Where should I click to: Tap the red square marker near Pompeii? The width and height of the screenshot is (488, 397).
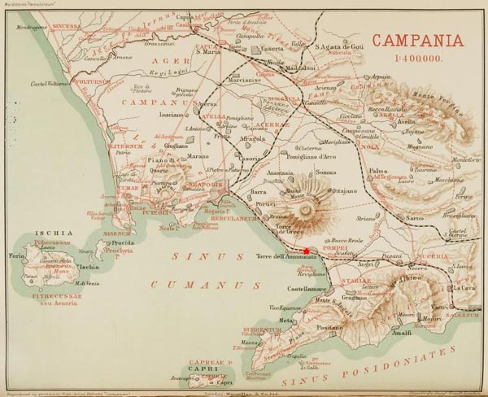click(x=306, y=251)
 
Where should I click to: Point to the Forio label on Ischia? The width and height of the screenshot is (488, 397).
click(x=16, y=256)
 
